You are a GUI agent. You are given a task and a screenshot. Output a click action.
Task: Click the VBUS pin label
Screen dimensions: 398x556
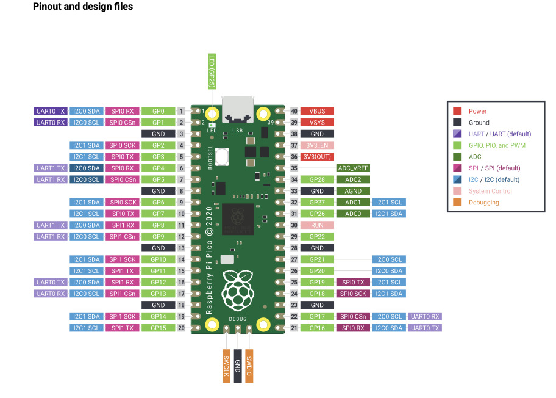[x=317, y=111]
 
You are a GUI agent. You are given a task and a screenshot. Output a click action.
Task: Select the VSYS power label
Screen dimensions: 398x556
[x=317, y=122]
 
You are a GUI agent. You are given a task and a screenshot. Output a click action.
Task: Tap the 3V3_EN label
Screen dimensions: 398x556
[x=317, y=145]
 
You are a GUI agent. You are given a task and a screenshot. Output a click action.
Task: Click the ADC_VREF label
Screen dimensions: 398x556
[x=353, y=168]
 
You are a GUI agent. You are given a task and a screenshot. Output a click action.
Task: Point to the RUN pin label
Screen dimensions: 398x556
[x=317, y=225]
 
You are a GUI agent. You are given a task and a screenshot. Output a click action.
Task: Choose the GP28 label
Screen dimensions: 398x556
[x=317, y=179]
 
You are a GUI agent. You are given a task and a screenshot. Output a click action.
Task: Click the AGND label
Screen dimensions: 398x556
[x=353, y=191]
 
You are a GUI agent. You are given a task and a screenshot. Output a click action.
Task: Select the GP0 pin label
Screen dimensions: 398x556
[x=159, y=111]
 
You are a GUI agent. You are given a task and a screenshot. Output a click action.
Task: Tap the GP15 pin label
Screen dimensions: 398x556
[x=159, y=328]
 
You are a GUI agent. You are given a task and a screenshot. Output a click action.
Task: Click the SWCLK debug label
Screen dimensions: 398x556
[x=226, y=366]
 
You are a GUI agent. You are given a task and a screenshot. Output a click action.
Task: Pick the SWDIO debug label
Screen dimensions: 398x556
[x=249, y=366]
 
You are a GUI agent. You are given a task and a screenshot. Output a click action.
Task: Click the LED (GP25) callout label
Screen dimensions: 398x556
[x=212, y=71]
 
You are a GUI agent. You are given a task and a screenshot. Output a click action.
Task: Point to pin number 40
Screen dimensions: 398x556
[x=294, y=111]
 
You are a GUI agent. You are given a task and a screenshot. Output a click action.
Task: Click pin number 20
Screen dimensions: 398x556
[x=181, y=328]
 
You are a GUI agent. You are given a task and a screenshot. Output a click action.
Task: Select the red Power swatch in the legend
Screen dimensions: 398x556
[x=457, y=111]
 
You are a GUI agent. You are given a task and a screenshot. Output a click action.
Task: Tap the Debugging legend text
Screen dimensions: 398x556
[x=483, y=203]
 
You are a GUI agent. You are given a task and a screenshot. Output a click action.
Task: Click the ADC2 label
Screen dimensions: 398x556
[x=353, y=179]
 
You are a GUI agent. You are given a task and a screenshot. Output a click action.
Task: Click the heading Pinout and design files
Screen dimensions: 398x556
[x=83, y=7]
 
